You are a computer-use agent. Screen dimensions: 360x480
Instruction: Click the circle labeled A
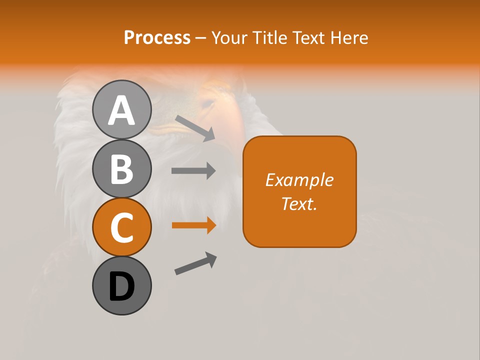(x=121, y=109)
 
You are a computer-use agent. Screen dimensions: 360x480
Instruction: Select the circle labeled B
(x=121, y=168)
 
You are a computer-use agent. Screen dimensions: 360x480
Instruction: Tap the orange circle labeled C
(x=121, y=227)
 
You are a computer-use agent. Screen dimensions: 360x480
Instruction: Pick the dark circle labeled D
(x=121, y=285)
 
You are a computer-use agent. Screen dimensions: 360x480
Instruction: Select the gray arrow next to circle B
(x=193, y=171)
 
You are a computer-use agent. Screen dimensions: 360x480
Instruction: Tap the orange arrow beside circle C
(x=193, y=225)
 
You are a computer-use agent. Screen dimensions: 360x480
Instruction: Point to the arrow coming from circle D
(x=195, y=263)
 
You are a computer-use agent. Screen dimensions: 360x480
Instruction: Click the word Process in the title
(x=157, y=37)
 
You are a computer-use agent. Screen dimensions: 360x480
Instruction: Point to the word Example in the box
(x=299, y=180)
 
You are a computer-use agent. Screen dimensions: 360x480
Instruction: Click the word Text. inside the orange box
(x=299, y=203)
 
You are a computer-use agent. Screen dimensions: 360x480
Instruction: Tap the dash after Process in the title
(x=201, y=38)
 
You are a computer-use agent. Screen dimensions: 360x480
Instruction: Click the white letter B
(x=121, y=168)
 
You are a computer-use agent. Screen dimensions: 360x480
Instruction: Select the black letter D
(x=121, y=286)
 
